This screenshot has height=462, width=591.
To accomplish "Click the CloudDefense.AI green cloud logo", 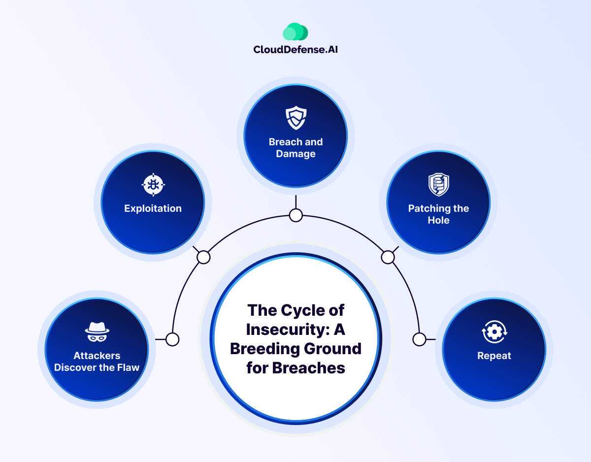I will click(295, 32).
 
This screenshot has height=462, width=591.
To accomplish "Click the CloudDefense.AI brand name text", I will click(295, 49).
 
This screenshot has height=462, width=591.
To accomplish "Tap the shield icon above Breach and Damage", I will click(296, 118).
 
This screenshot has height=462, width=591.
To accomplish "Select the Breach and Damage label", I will click(295, 148).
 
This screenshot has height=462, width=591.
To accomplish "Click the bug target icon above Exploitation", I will click(153, 185).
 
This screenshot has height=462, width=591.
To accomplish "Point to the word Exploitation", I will click(153, 208).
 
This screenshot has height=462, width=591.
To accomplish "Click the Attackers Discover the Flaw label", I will click(97, 362).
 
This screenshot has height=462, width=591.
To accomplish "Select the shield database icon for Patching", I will click(438, 184).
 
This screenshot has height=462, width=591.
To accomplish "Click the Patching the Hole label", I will click(438, 214).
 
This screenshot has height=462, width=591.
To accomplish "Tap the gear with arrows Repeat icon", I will click(494, 332).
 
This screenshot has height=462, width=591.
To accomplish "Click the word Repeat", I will click(494, 356).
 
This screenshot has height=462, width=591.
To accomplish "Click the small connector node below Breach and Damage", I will click(295, 215).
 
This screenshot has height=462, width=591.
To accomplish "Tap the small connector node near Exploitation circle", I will click(203, 257).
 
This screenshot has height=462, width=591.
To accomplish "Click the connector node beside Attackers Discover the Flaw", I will click(172, 339).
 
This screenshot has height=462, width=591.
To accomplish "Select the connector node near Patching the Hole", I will click(388, 257).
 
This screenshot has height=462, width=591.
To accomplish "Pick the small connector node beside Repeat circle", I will click(419, 339).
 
